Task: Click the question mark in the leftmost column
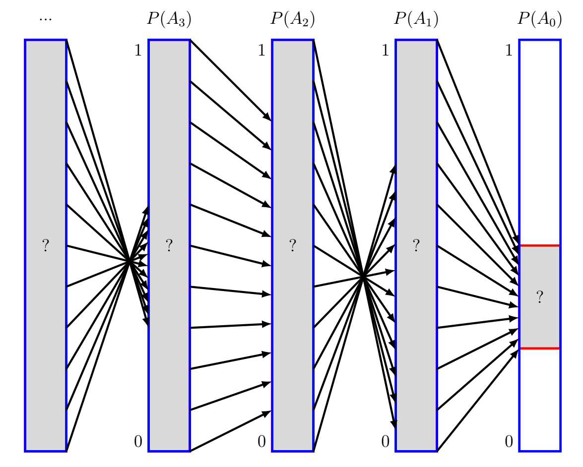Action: click(x=46, y=245)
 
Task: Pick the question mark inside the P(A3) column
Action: click(x=169, y=245)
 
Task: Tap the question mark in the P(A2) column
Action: click(x=293, y=245)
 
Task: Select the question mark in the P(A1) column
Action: click(x=416, y=245)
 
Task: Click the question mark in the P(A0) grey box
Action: click(x=540, y=297)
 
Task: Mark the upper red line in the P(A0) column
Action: click(x=540, y=245)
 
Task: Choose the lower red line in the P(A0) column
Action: click(x=540, y=349)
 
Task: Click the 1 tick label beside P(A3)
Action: click(x=138, y=51)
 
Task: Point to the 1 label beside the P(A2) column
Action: click(x=262, y=51)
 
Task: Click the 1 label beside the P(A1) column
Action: click(x=386, y=51)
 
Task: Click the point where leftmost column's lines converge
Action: click(x=129, y=261)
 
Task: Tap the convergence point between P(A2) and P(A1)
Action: click(x=363, y=276)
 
